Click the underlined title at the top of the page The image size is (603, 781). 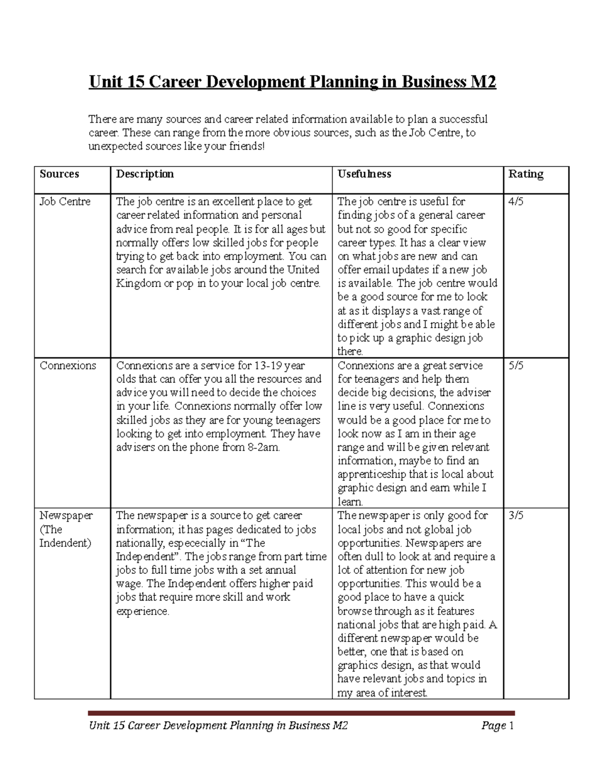[x=292, y=82]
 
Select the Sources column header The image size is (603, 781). [x=59, y=174]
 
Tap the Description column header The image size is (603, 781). [x=145, y=174]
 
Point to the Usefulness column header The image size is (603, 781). [x=364, y=174]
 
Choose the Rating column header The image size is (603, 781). [x=526, y=174]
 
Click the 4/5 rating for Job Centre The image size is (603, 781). [x=516, y=202]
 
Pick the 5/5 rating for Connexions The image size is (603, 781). [x=516, y=366]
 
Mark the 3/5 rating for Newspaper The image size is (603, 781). [x=516, y=515]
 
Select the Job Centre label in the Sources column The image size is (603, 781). [x=65, y=202]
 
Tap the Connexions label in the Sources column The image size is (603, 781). [x=68, y=366]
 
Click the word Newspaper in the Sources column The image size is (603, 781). [x=66, y=515]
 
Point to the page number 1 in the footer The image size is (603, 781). [x=511, y=725]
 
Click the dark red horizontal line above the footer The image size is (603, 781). [x=301, y=713]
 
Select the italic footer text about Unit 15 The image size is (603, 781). [x=218, y=725]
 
